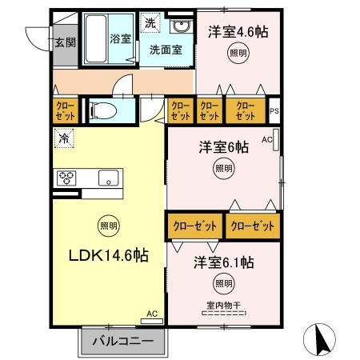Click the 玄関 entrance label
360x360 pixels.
[x=65, y=42]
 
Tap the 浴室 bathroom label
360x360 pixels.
[x=120, y=38]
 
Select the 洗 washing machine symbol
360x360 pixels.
[x=150, y=23]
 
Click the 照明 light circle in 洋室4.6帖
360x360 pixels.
[x=238, y=54]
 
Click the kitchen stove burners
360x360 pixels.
[x=66, y=178]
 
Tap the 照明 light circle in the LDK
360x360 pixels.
[x=106, y=226]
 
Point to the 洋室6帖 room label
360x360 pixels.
[x=223, y=147]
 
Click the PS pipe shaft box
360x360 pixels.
[x=274, y=112]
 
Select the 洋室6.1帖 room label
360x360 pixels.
[x=224, y=262]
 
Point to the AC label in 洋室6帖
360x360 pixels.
[x=266, y=140]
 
